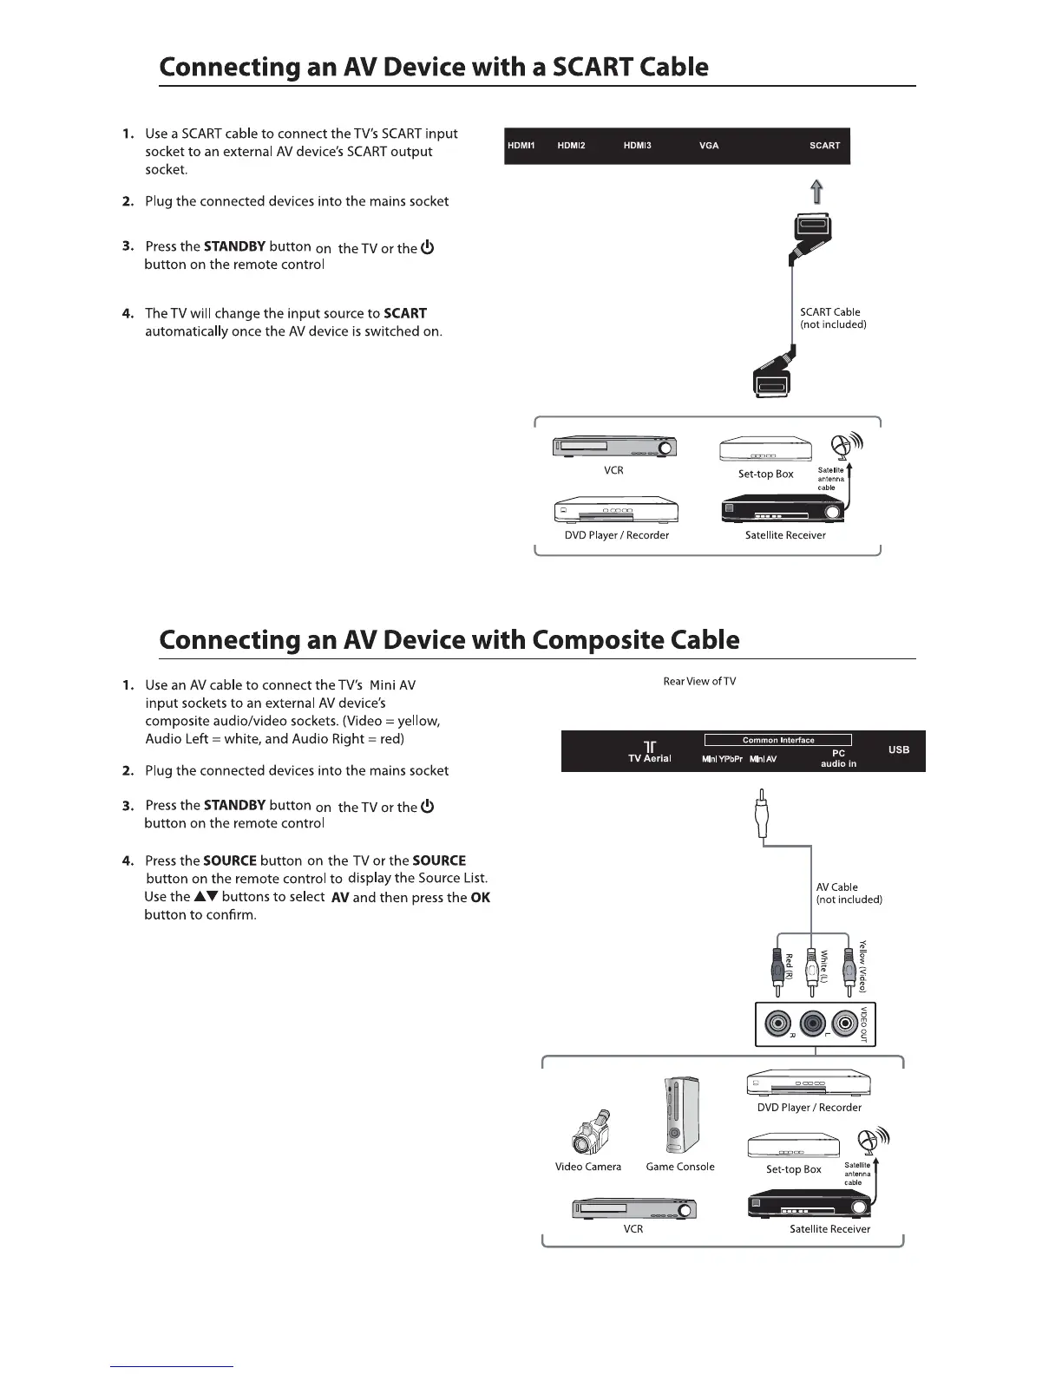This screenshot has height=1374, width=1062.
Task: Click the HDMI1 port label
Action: (x=520, y=146)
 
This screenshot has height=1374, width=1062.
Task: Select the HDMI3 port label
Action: (x=637, y=146)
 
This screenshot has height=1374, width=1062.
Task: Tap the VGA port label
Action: (x=709, y=146)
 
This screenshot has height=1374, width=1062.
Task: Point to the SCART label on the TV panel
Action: (x=824, y=146)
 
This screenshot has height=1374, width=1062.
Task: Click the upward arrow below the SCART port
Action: (x=816, y=192)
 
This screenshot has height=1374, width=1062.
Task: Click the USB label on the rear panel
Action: (x=899, y=749)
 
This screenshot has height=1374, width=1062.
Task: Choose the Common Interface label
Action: (x=777, y=740)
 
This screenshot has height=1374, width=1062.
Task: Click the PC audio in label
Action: (x=838, y=758)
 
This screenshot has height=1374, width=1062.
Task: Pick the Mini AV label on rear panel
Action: (x=763, y=759)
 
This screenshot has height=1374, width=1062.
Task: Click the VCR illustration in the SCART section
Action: (x=614, y=448)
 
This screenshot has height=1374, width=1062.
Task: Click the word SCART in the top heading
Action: (x=593, y=67)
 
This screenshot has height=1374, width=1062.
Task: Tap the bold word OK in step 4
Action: (x=480, y=898)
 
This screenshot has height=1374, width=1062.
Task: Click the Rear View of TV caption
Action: (x=699, y=681)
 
